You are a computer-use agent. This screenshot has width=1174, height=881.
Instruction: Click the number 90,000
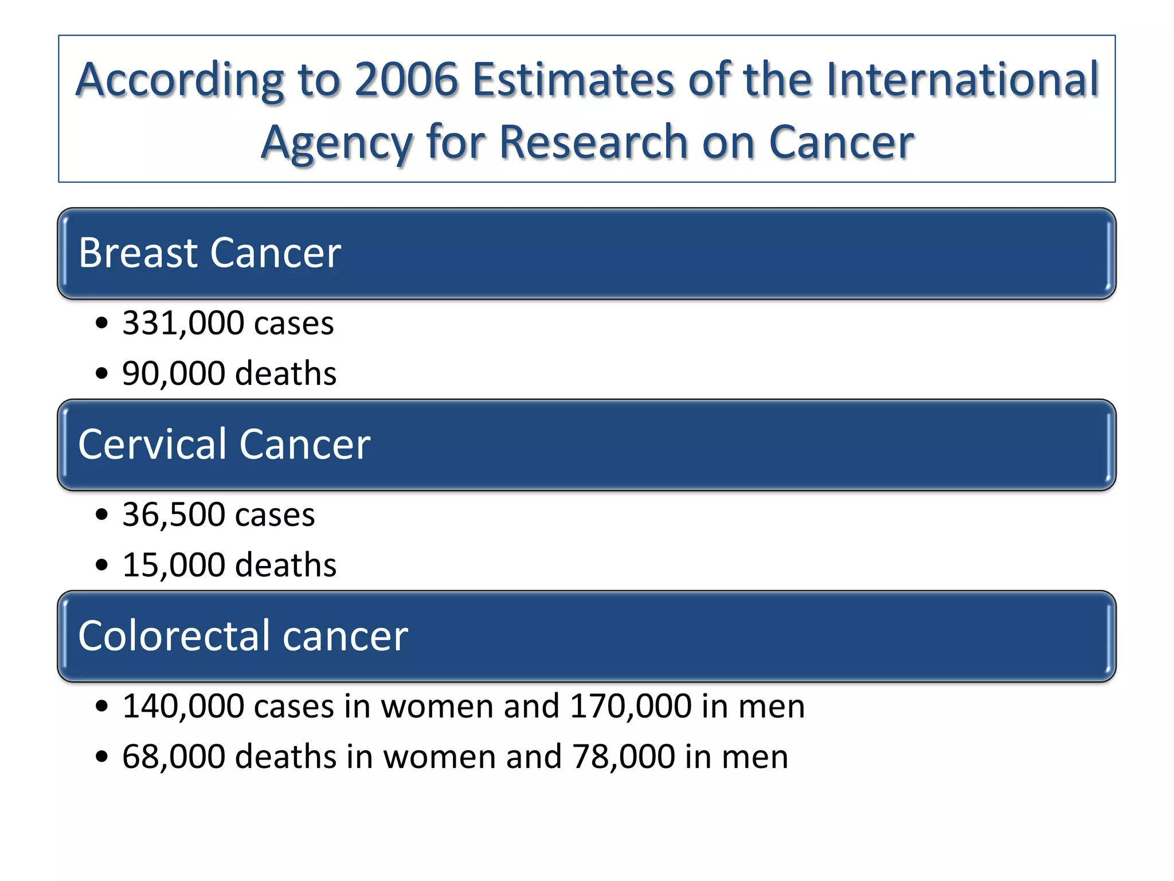pos(174,373)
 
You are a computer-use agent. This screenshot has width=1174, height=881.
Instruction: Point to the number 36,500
pos(174,514)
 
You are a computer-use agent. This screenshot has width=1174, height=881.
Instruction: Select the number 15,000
pos(174,565)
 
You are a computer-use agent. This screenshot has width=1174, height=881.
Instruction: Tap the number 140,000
pos(183,706)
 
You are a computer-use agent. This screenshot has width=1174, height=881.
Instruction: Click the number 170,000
pos(631,706)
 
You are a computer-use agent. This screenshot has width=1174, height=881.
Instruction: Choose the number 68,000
pos(174,757)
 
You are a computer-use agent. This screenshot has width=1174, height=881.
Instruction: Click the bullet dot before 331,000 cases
pos(102,323)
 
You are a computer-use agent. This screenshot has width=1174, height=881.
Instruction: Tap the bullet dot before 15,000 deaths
pos(102,566)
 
